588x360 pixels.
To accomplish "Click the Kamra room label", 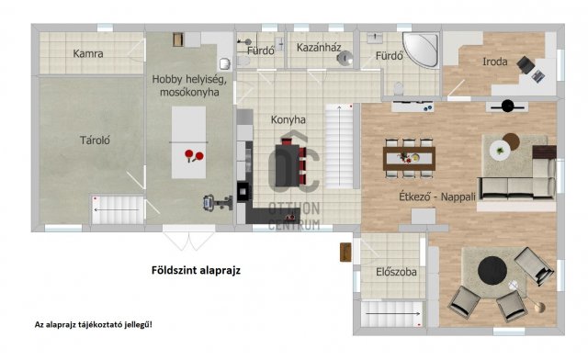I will pyautogui.click(x=88, y=54).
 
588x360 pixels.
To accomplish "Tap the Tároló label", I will pyautogui.click(x=94, y=141).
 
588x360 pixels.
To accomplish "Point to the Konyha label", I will pyautogui.click(x=288, y=120).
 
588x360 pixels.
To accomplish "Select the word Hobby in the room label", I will pyautogui.click(x=167, y=81).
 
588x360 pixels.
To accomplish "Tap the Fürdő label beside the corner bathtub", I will pyautogui.click(x=389, y=56).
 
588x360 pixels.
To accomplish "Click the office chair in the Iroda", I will pyautogui.click(x=526, y=65).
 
